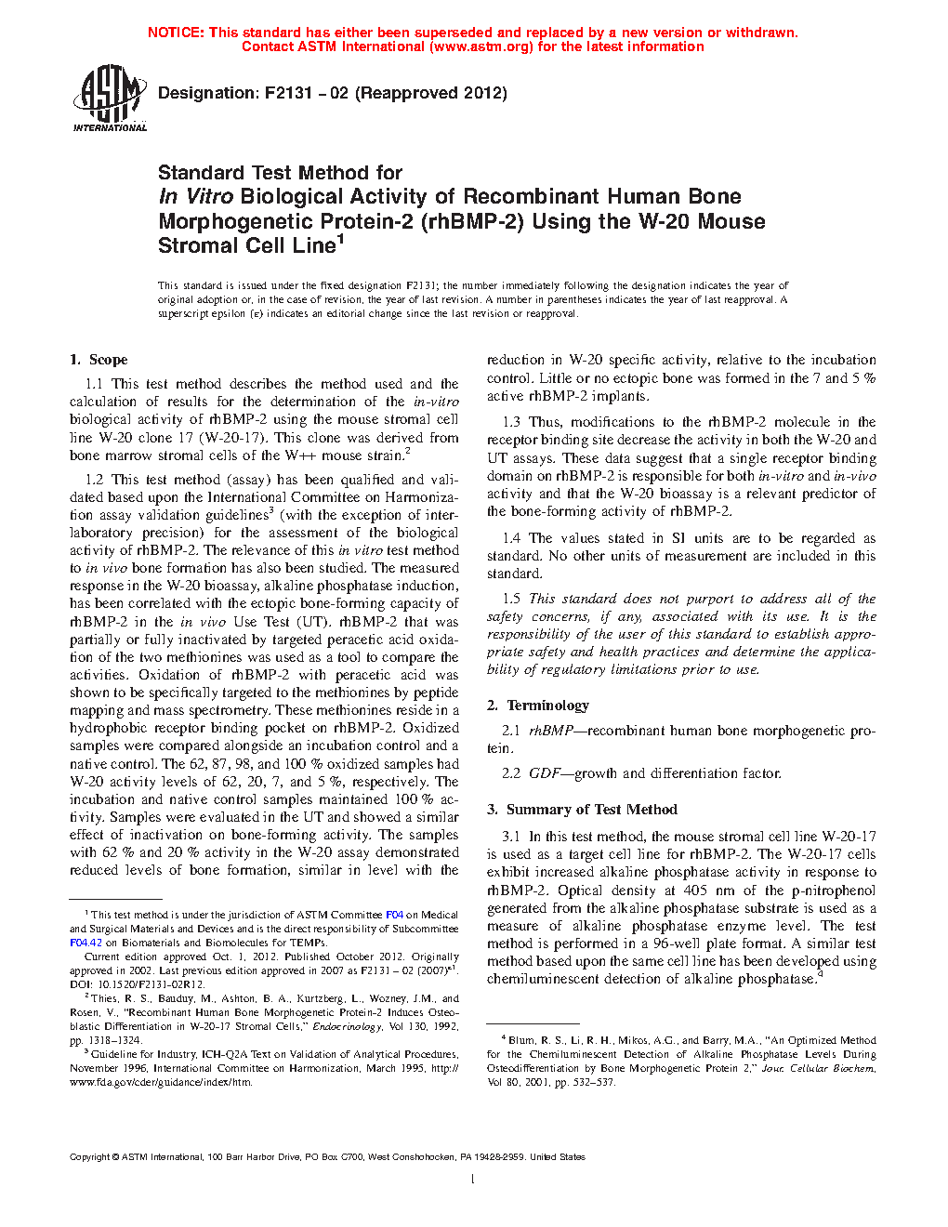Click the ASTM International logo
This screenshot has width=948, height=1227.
pos(110,98)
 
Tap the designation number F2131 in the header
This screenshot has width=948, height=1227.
pos(288,93)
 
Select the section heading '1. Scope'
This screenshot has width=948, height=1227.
pos(99,360)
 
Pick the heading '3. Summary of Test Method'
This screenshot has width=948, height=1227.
pos(582,810)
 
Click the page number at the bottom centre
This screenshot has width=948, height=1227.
pos(473,1180)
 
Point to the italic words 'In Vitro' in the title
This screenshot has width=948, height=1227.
pos(196,197)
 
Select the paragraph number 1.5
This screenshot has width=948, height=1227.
pos(511,599)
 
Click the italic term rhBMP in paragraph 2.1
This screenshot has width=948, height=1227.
pos(550,731)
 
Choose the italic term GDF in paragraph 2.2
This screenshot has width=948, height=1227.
pos(545,773)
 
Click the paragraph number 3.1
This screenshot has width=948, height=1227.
pos(511,837)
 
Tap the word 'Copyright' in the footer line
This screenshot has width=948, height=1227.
pos(89,1157)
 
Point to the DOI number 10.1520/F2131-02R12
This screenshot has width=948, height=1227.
pos(148,984)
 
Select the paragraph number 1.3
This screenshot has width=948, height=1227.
pos(511,422)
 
